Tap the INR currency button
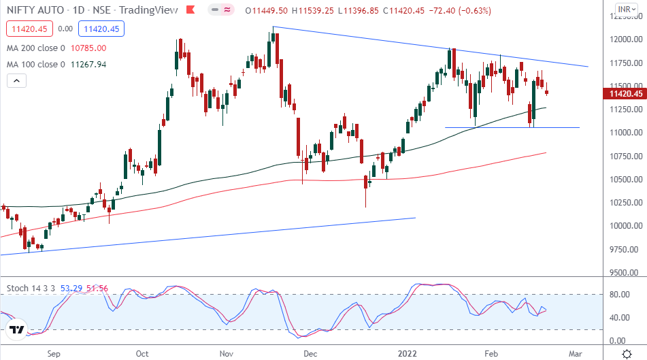point(624,10)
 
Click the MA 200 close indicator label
point(35,48)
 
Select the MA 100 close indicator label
point(35,65)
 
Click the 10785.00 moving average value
point(90,48)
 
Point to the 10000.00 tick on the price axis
point(624,226)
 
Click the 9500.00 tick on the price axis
point(624,273)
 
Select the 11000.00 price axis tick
point(624,132)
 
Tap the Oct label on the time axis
point(143,354)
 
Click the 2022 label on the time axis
point(399,354)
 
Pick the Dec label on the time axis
point(310,354)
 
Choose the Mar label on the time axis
point(575,354)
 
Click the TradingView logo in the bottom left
point(17,331)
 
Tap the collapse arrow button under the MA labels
point(16,81)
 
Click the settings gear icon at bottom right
point(626,354)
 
